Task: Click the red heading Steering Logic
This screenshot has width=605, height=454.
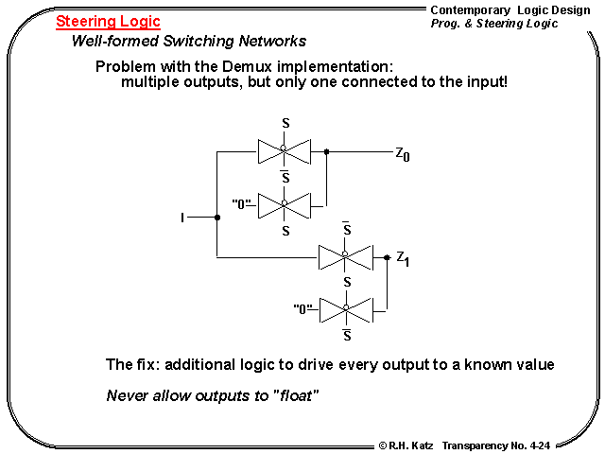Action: (108, 21)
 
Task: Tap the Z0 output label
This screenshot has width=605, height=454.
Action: (403, 153)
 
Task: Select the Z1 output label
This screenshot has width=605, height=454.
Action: (402, 258)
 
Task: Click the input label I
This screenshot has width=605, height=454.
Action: (182, 218)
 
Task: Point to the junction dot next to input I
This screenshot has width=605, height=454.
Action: (217, 218)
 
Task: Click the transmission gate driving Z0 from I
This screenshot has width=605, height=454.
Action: (284, 149)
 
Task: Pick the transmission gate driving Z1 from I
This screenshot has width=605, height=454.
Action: (344, 256)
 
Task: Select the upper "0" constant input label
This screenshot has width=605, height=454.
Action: (242, 203)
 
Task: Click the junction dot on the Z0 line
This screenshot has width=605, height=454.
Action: (326, 150)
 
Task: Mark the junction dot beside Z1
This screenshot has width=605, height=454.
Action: (387, 256)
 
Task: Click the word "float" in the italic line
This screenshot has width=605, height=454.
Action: (295, 394)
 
